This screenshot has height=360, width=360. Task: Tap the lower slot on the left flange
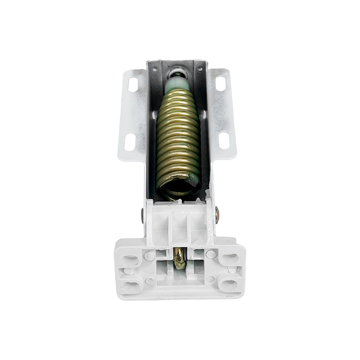coord(130,142)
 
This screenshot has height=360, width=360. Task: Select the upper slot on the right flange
coord(220,83)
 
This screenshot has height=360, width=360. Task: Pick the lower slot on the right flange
coord(224,141)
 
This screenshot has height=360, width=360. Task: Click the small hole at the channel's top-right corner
coord(199,69)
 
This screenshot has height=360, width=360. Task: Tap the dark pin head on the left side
coord(142,215)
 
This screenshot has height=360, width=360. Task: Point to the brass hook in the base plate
coord(180,258)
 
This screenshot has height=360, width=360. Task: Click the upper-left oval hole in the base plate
coord(130,260)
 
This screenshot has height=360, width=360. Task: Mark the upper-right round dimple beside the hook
coord(210,255)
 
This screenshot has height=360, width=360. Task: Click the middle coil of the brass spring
coord(178,135)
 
